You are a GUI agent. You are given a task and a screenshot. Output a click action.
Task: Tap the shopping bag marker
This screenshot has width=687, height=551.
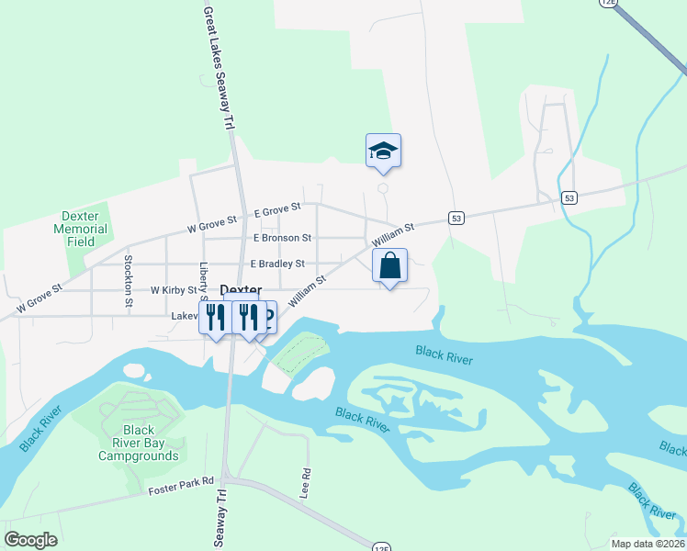pos(389,266)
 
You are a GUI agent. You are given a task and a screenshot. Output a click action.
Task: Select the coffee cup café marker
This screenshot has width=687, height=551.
pos(265,317)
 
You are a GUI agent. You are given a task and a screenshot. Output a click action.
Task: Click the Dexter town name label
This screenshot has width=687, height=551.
pos(241,290)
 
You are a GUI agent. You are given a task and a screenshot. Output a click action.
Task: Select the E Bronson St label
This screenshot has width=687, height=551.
pos(282,238)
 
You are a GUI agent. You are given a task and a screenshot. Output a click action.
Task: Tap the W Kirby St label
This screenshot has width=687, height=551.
pos(174,290)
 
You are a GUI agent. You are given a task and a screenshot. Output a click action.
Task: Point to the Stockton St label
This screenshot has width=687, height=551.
pos(129,275)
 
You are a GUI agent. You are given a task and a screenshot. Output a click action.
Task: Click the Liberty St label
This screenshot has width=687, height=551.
pos(204,280)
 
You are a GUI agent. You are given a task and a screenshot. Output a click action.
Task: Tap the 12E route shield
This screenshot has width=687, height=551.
pos(608,3)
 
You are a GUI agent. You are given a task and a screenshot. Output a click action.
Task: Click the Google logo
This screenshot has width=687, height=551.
pos(30,540)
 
